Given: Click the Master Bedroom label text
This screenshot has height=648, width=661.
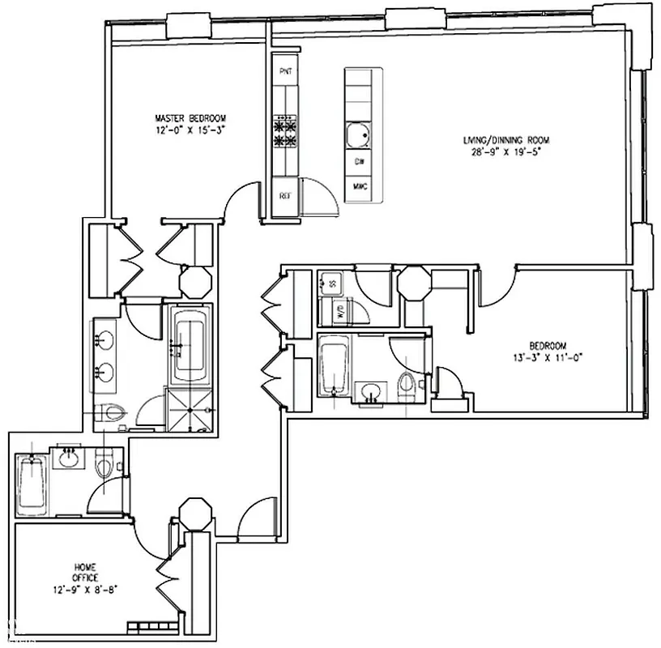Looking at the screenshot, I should click(191, 116).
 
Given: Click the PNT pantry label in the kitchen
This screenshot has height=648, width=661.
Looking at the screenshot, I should click(285, 72).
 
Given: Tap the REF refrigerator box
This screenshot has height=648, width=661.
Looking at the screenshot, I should click(285, 197).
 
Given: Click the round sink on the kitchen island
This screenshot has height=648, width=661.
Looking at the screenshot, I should click(358, 134).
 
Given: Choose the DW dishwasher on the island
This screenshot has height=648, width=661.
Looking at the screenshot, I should click(358, 162).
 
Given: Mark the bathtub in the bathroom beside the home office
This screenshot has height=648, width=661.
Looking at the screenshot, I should click(31, 483).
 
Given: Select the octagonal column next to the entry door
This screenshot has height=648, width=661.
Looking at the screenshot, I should click(195, 515).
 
